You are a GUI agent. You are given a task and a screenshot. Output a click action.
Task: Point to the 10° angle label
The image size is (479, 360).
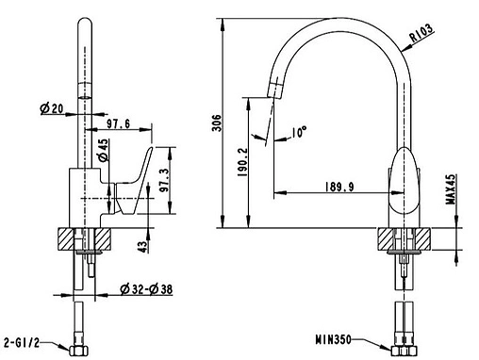pos(299,133)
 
